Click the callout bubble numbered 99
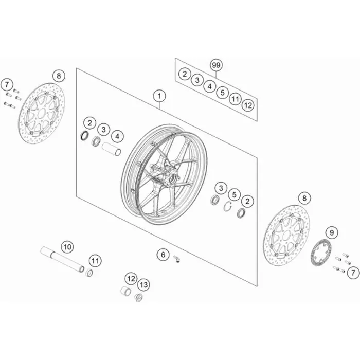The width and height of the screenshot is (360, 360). pos(216,65)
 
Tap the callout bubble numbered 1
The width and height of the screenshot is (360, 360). pos(159,96)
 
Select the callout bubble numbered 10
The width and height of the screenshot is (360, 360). pos(67,247)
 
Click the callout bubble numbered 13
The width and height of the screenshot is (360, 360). pos(143,285)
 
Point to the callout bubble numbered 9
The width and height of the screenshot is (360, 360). pos(332,233)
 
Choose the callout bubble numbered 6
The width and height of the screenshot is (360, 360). pos(163,255)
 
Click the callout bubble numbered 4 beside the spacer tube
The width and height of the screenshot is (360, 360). pos(117,137)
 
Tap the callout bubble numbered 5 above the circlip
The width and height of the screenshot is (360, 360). pos(234,195)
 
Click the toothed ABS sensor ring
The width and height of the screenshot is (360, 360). pos(320,252)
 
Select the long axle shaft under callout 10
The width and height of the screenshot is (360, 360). pos(62,259)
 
